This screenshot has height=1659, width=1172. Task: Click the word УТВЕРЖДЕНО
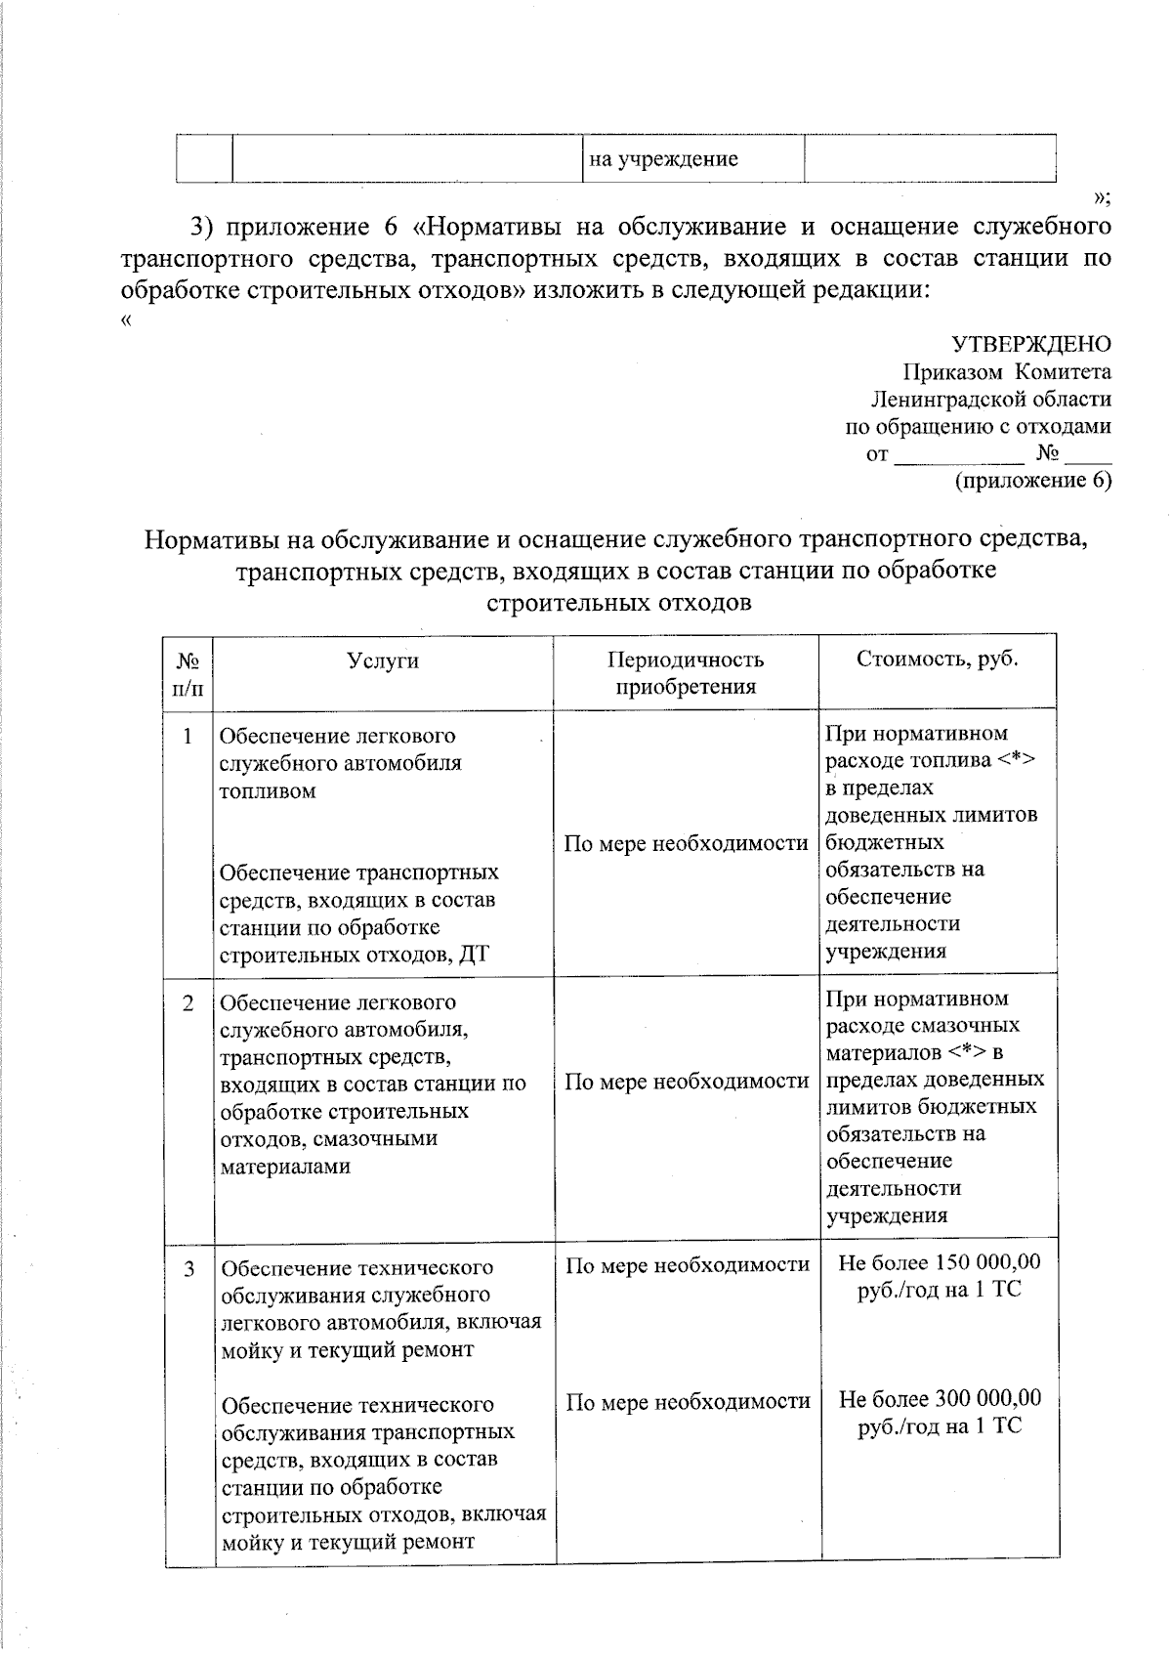coord(1031,344)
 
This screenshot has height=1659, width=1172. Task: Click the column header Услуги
coord(383,660)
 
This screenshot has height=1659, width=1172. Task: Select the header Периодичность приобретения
coord(686,673)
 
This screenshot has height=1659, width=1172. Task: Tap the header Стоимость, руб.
coord(938,659)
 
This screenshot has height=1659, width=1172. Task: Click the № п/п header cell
coord(188,674)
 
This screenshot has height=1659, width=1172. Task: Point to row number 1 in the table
coord(188,736)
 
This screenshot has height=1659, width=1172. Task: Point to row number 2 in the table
coord(188,1002)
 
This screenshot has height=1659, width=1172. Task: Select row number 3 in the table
coord(188,1268)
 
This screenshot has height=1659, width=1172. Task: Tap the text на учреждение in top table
coord(663,159)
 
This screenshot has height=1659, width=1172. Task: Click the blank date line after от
coord(959,455)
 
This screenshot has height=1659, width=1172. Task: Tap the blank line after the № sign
coord(1088,455)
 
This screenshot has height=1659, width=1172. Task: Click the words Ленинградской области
coord(990,399)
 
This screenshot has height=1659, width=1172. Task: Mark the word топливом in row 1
coord(268,790)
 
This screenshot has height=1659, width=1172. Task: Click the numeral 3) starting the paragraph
coord(202,228)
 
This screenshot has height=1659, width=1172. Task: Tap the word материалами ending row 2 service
coord(285,1167)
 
